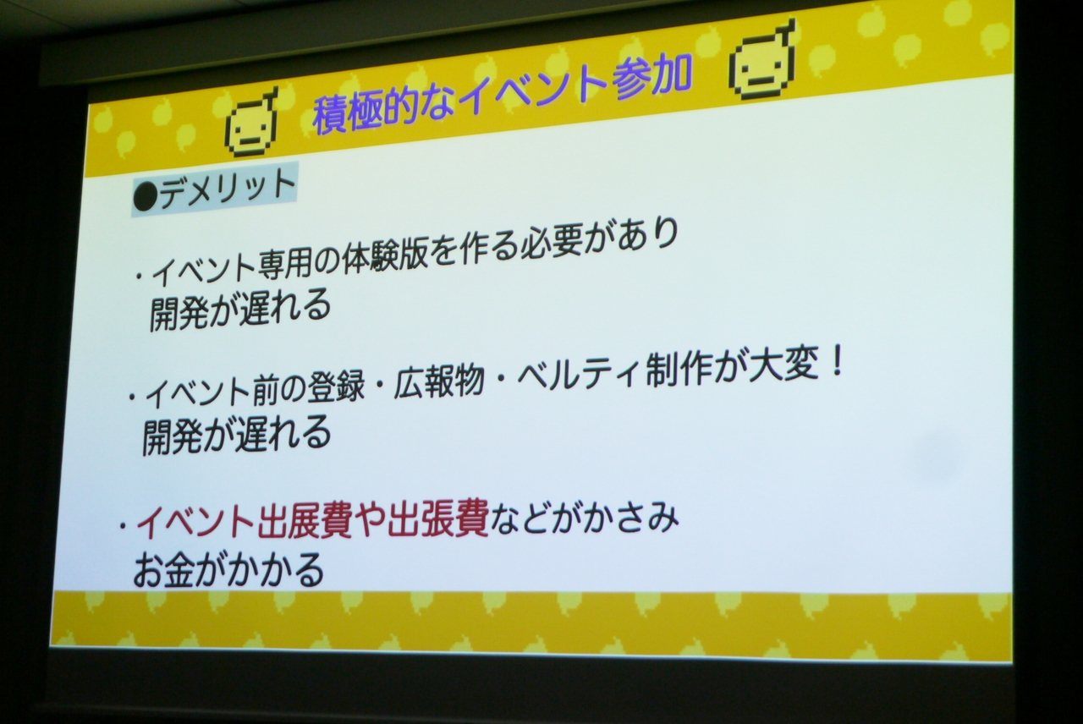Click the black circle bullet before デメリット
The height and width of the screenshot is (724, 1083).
[x=145, y=199]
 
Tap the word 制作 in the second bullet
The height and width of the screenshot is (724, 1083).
[x=674, y=372]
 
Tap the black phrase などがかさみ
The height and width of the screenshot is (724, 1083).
[x=582, y=518]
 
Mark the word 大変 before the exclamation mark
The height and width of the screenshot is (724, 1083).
[x=779, y=366]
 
